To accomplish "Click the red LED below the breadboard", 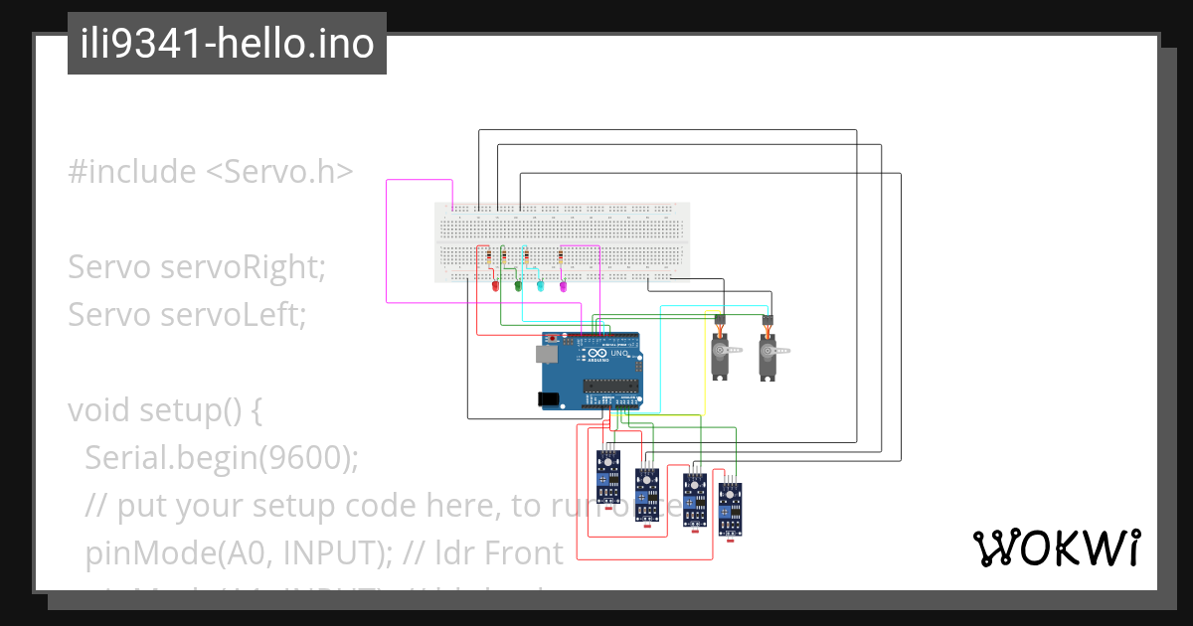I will click(x=495, y=286).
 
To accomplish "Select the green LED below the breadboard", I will click(x=518, y=286).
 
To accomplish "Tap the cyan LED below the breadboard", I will click(x=541, y=286).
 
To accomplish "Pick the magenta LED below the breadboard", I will click(x=563, y=286).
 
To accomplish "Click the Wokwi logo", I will click(x=1057, y=548).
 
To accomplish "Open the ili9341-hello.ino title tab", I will click(x=227, y=44).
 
